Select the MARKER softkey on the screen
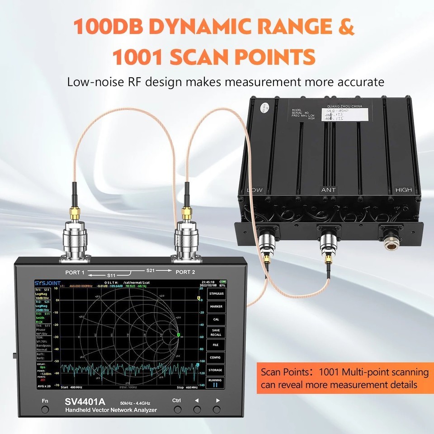coord(216,306)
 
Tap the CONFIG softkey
coord(216,357)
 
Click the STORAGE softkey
coord(216,370)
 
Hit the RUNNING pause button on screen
coord(216,383)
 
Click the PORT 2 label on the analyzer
coord(185,272)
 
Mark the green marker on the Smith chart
coord(179,335)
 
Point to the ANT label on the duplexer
coord(328,190)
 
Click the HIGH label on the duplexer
coord(403,190)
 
